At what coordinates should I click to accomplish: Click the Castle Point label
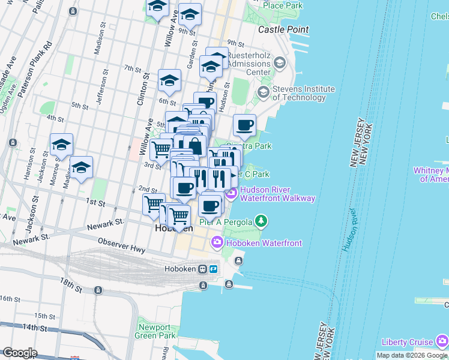click(x=283, y=29)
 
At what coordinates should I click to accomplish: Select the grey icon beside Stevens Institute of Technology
click(x=263, y=92)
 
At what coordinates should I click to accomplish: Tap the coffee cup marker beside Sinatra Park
click(x=244, y=126)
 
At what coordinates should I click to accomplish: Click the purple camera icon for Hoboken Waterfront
click(x=216, y=242)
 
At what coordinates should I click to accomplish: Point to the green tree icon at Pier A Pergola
click(x=261, y=222)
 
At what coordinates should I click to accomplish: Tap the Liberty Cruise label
click(x=408, y=342)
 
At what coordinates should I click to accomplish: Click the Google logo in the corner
click(x=19, y=353)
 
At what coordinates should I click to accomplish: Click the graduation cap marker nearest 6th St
click(x=170, y=82)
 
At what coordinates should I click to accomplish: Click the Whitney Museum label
click(x=430, y=175)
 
